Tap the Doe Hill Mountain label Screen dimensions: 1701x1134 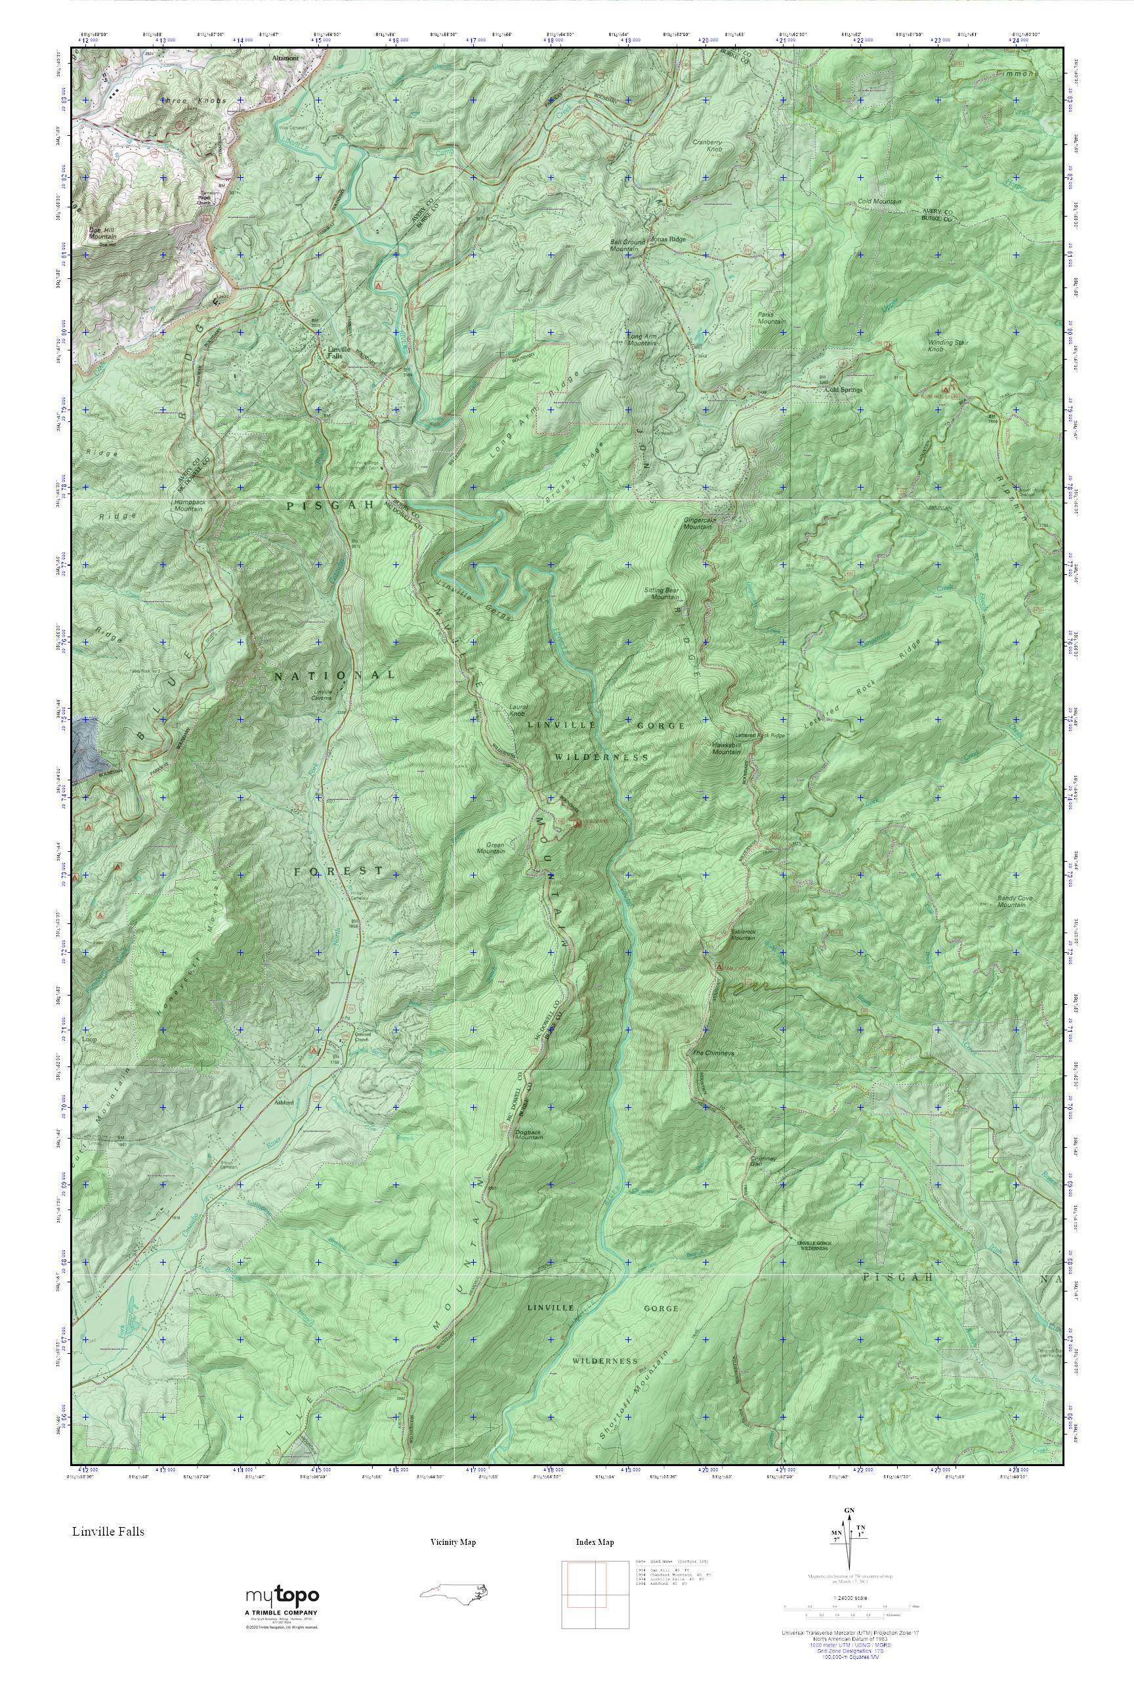click(102, 232)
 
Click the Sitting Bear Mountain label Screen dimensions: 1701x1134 click(661, 594)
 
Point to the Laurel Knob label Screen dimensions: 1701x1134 click(517, 709)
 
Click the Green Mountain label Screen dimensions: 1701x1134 click(495, 848)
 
